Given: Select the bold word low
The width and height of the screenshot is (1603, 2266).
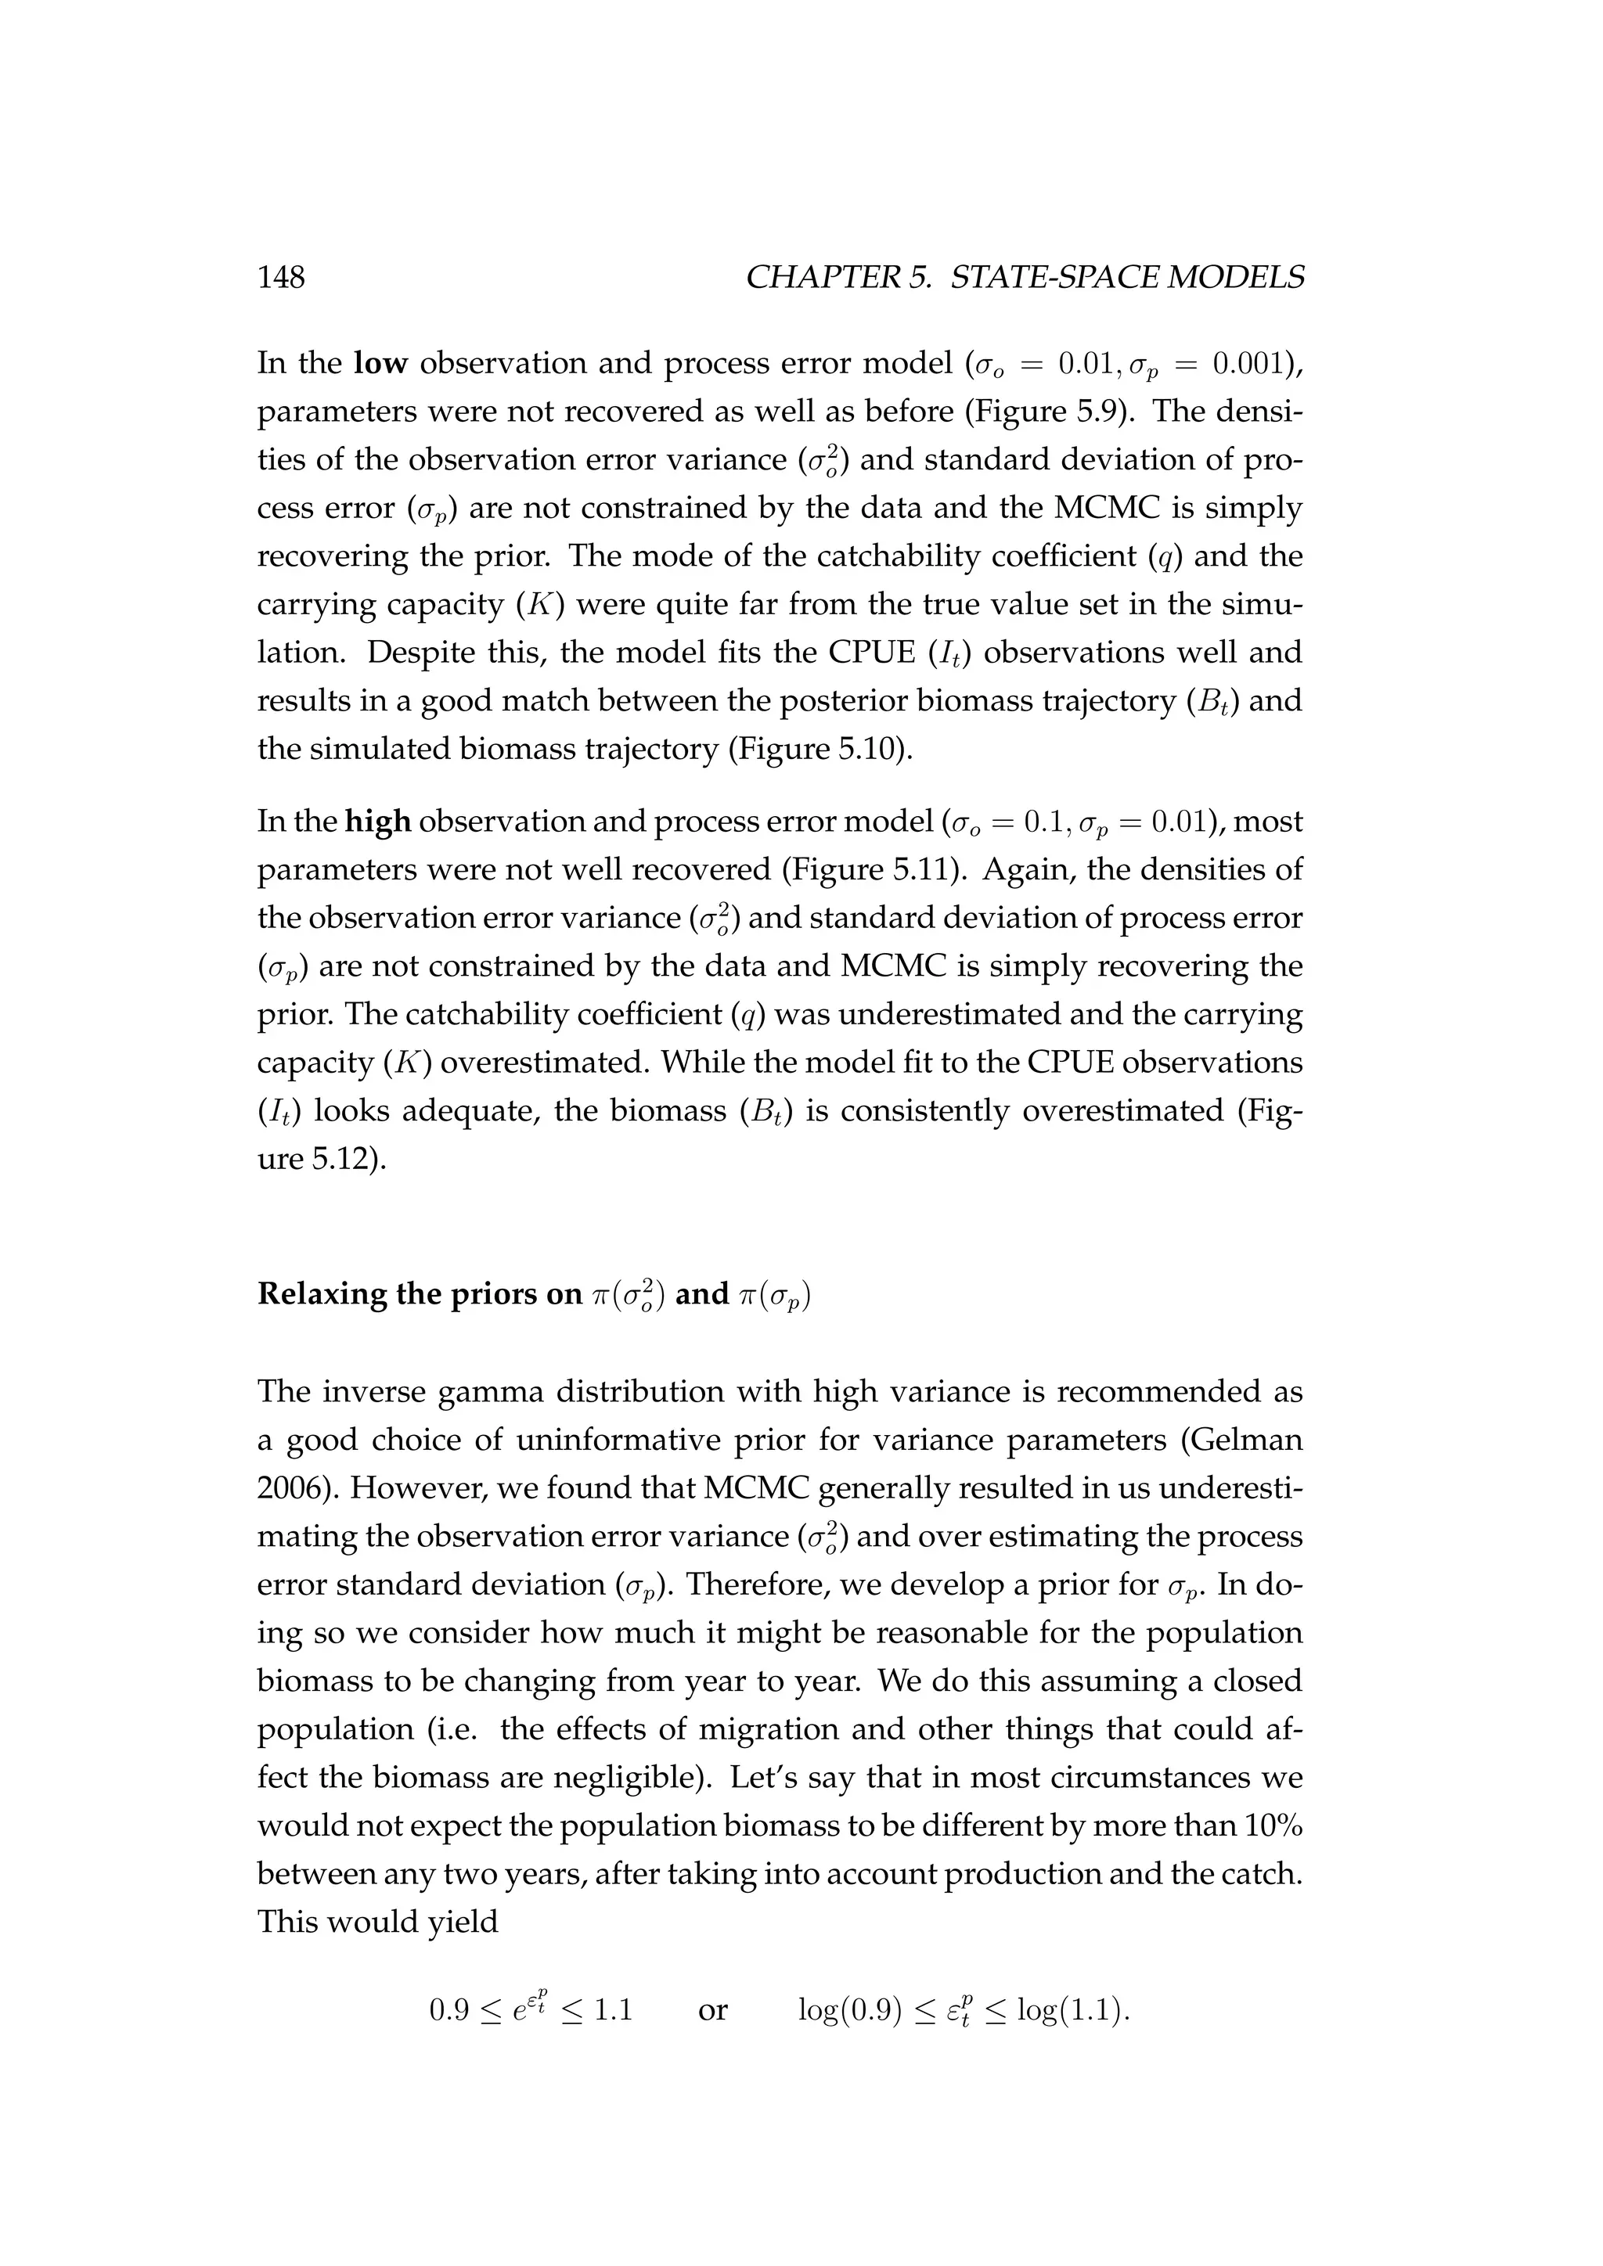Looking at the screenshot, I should pos(380,364).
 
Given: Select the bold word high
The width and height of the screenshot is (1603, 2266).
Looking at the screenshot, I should pos(377,822).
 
